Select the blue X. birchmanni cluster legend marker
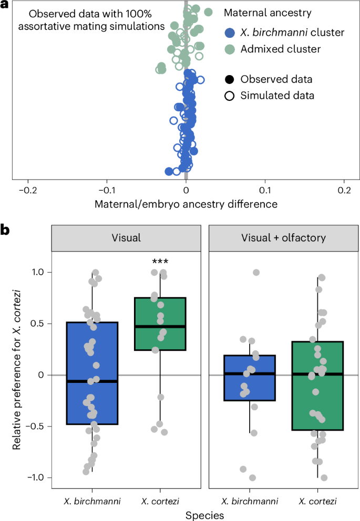tap(229, 33)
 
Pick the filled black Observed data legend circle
tap(229, 80)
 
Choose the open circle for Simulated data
tap(229, 96)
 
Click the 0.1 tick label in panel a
tap(266, 190)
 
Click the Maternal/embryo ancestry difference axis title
tap(186, 203)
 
